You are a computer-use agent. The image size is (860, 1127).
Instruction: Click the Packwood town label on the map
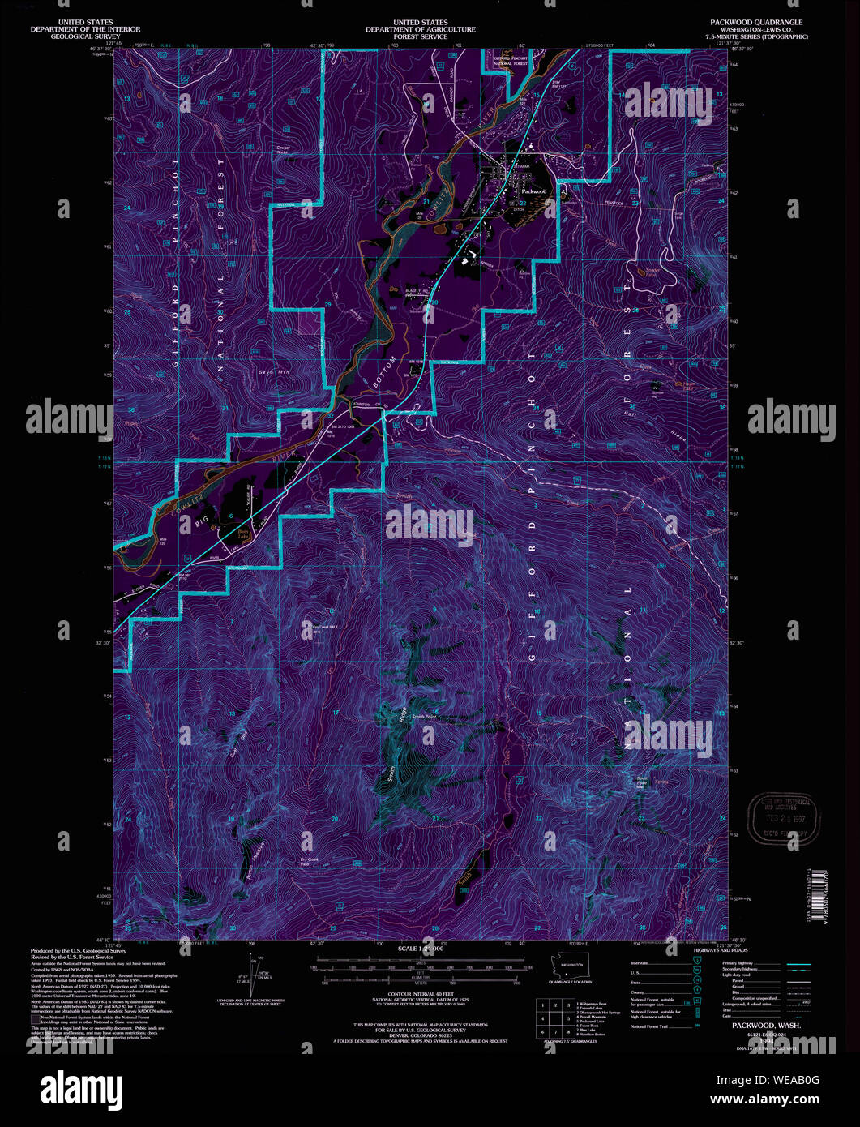(x=534, y=191)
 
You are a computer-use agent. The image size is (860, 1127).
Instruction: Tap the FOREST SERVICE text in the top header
(x=420, y=36)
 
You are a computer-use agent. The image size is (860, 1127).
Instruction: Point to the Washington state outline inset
(x=571, y=966)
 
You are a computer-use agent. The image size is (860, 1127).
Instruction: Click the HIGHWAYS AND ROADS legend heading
(x=744, y=953)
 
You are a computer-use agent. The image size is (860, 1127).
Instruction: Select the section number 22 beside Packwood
(x=523, y=203)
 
